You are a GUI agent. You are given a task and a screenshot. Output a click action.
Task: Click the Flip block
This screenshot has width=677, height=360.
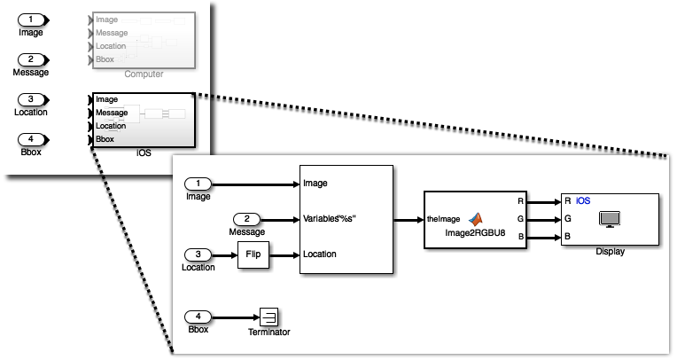253,255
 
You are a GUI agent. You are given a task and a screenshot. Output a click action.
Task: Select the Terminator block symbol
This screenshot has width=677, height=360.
269,317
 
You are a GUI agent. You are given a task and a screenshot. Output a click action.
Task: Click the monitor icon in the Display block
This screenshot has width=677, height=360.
610,218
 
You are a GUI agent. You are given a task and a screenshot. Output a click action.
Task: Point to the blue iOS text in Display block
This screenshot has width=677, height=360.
583,201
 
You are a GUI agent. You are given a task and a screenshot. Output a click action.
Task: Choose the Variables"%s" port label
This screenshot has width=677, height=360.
333,219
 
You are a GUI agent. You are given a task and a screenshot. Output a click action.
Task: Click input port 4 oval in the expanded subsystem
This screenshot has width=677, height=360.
198,317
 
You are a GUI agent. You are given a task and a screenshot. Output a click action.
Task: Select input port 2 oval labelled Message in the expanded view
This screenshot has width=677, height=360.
247,219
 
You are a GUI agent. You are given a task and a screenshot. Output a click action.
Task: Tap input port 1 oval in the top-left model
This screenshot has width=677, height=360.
31,20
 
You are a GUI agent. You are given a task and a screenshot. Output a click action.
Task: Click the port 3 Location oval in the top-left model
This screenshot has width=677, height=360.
31,99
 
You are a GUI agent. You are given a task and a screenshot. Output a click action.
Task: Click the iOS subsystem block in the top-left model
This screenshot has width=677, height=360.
143,120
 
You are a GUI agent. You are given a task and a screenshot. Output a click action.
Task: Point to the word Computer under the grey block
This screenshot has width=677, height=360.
144,74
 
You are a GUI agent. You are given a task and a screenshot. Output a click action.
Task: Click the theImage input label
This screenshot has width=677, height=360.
443,218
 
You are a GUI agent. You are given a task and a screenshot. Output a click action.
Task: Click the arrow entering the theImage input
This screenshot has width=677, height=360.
408,218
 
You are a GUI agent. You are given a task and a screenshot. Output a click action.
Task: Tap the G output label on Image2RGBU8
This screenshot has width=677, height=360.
521,218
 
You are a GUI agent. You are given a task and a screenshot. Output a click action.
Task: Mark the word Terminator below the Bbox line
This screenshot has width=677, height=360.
269,333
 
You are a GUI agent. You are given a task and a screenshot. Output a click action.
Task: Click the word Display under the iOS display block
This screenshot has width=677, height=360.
610,252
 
